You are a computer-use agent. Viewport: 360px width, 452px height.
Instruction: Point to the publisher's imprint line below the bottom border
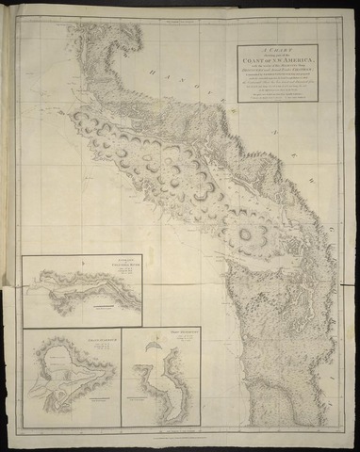point(179,440)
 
